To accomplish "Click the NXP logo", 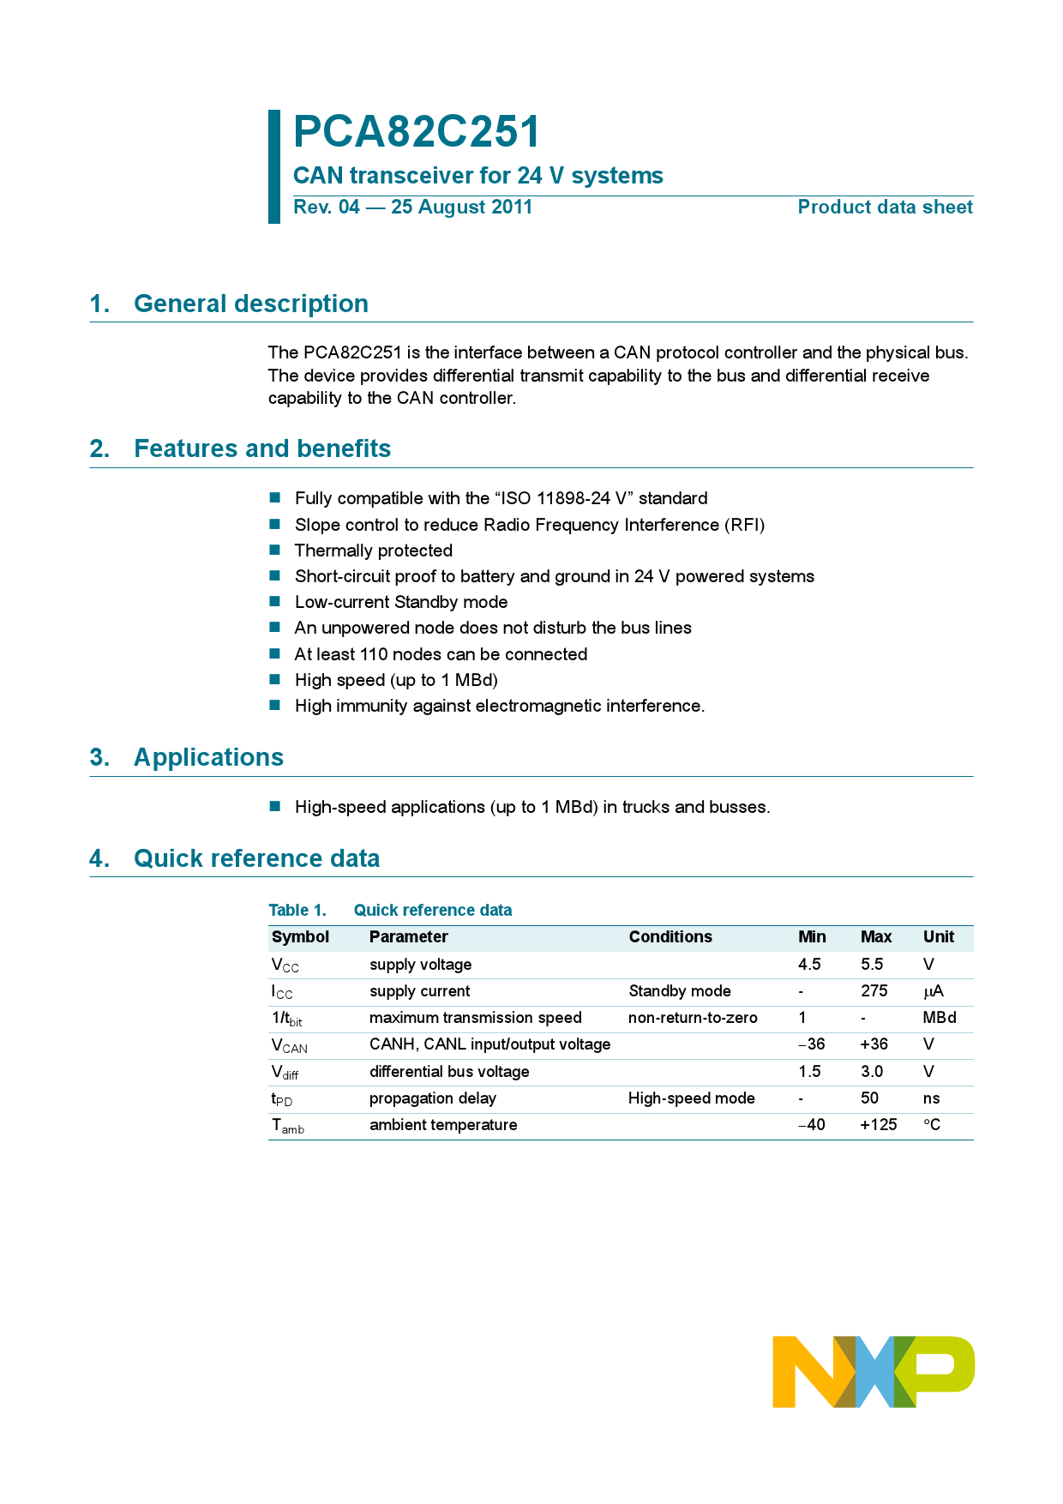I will pos(873,1371).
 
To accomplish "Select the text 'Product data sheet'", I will pos(885,208).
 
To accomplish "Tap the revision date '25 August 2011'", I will pos(461,208).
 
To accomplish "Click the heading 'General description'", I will pos(250,304).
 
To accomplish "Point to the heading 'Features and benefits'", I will pos(262,448).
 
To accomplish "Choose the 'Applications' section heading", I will pos(208,757).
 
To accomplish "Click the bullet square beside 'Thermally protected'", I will pos(275,550).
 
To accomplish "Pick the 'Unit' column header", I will pos(938,937).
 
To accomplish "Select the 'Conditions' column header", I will pos(670,937).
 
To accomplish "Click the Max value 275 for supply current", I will pos(874,991).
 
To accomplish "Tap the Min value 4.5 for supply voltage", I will pos(809,965).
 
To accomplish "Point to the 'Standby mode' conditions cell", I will pos(679,991).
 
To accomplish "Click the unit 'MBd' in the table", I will pos(939,1018).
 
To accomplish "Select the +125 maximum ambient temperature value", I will pos(878,1125).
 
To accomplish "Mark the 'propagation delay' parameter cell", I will pos(432,1098).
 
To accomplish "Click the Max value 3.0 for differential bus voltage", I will pos(872,1072).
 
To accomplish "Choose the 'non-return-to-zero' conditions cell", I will pos(693,1018).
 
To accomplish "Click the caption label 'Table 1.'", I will pos(297,911).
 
